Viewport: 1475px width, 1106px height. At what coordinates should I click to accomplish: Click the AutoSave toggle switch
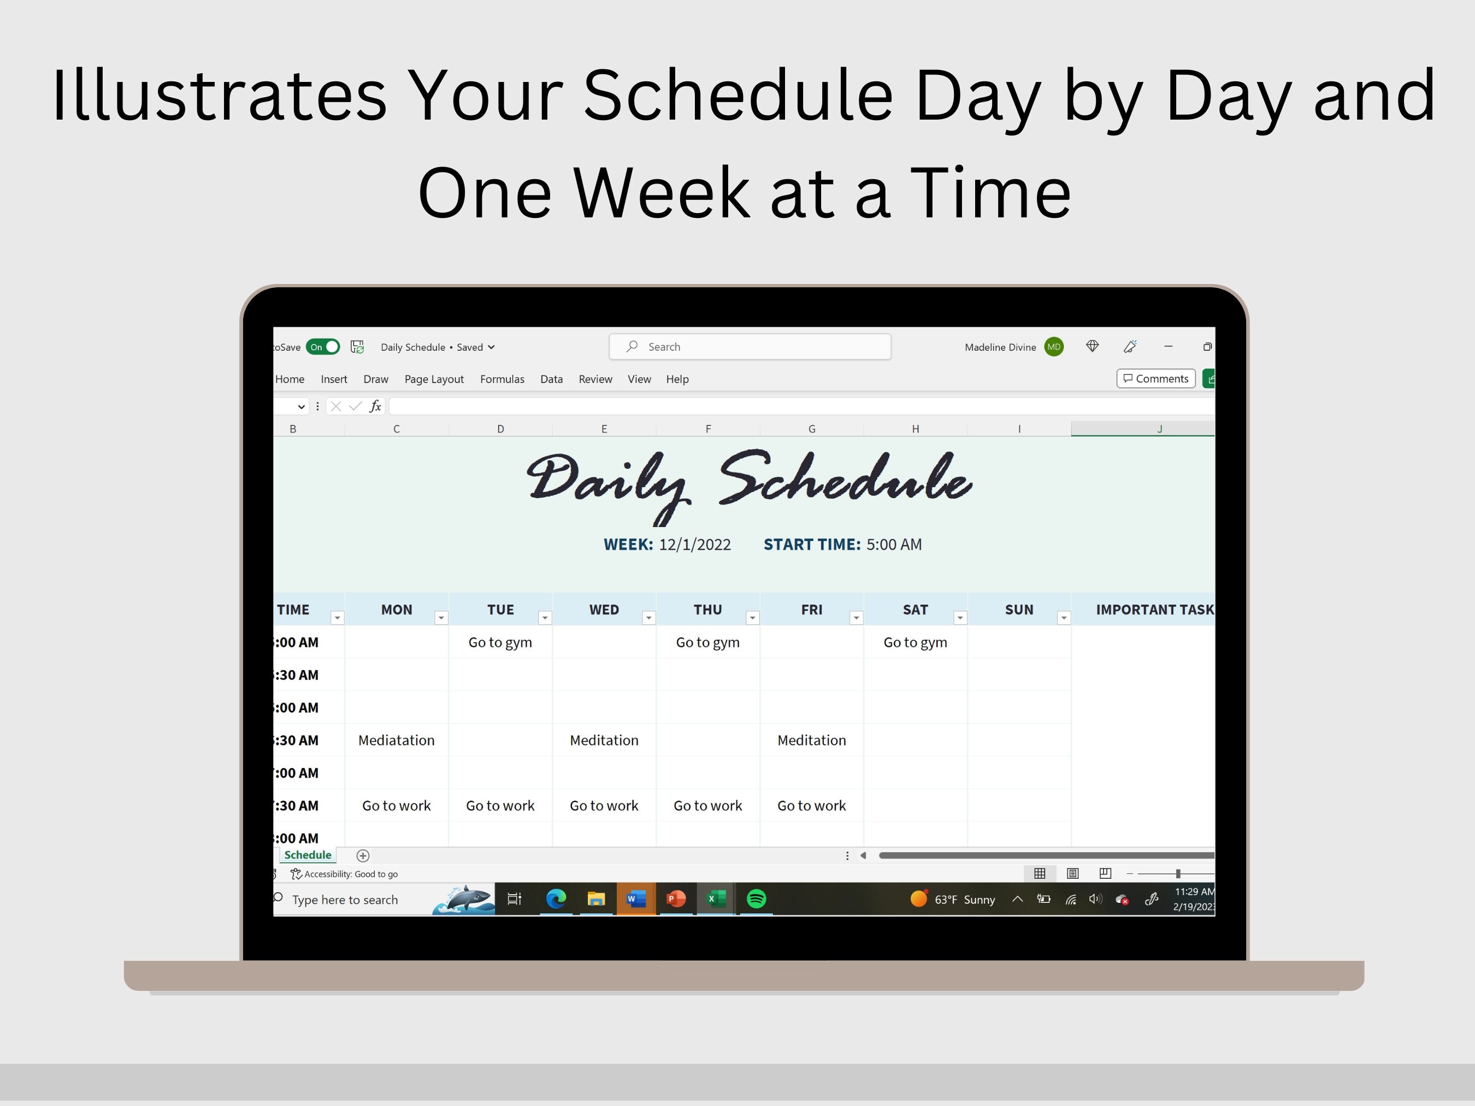(x=323, y=347)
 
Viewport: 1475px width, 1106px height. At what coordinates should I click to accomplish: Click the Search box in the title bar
(x=750, y=347)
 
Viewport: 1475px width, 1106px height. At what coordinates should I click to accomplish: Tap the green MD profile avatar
(x=1054, y=347)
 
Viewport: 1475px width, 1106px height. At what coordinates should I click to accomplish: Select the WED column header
(x=604, y=610)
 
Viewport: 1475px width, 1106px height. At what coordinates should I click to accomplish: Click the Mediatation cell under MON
(x=396, y=740)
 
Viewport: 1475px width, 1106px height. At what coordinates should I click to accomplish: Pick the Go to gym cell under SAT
(x=915, y=642)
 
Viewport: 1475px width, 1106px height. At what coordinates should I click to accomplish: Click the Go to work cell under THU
(x=707, y=806)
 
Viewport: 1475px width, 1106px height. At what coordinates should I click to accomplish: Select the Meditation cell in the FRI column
(x=811, y=740)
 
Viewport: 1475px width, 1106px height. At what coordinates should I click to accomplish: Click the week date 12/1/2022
(x=695, y=545)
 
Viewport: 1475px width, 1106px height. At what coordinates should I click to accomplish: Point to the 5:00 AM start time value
(x=894, y=545)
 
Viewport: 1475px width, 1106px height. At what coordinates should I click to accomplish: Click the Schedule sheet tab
(x=308, y=855)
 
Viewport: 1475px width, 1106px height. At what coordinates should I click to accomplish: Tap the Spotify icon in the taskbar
(x=756, y=898)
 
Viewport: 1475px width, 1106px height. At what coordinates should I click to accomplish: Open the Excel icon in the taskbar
(x=716, y=898)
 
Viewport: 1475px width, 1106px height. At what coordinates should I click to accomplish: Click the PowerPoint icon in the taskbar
(x=676, y=898)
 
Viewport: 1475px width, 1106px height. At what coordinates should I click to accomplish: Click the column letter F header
(x=708, y=429)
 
